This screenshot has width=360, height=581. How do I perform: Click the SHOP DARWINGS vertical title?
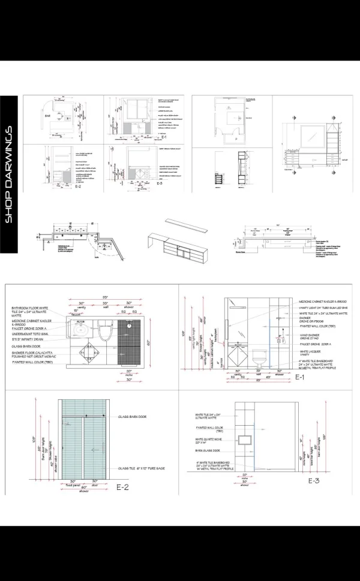[x=10, y=174]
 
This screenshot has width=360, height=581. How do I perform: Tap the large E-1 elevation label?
[x=302, y=378]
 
